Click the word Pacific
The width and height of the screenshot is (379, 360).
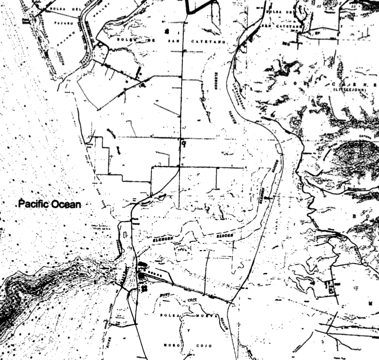pos(34,204)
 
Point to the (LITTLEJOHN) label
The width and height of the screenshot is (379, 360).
pos(345,90)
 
